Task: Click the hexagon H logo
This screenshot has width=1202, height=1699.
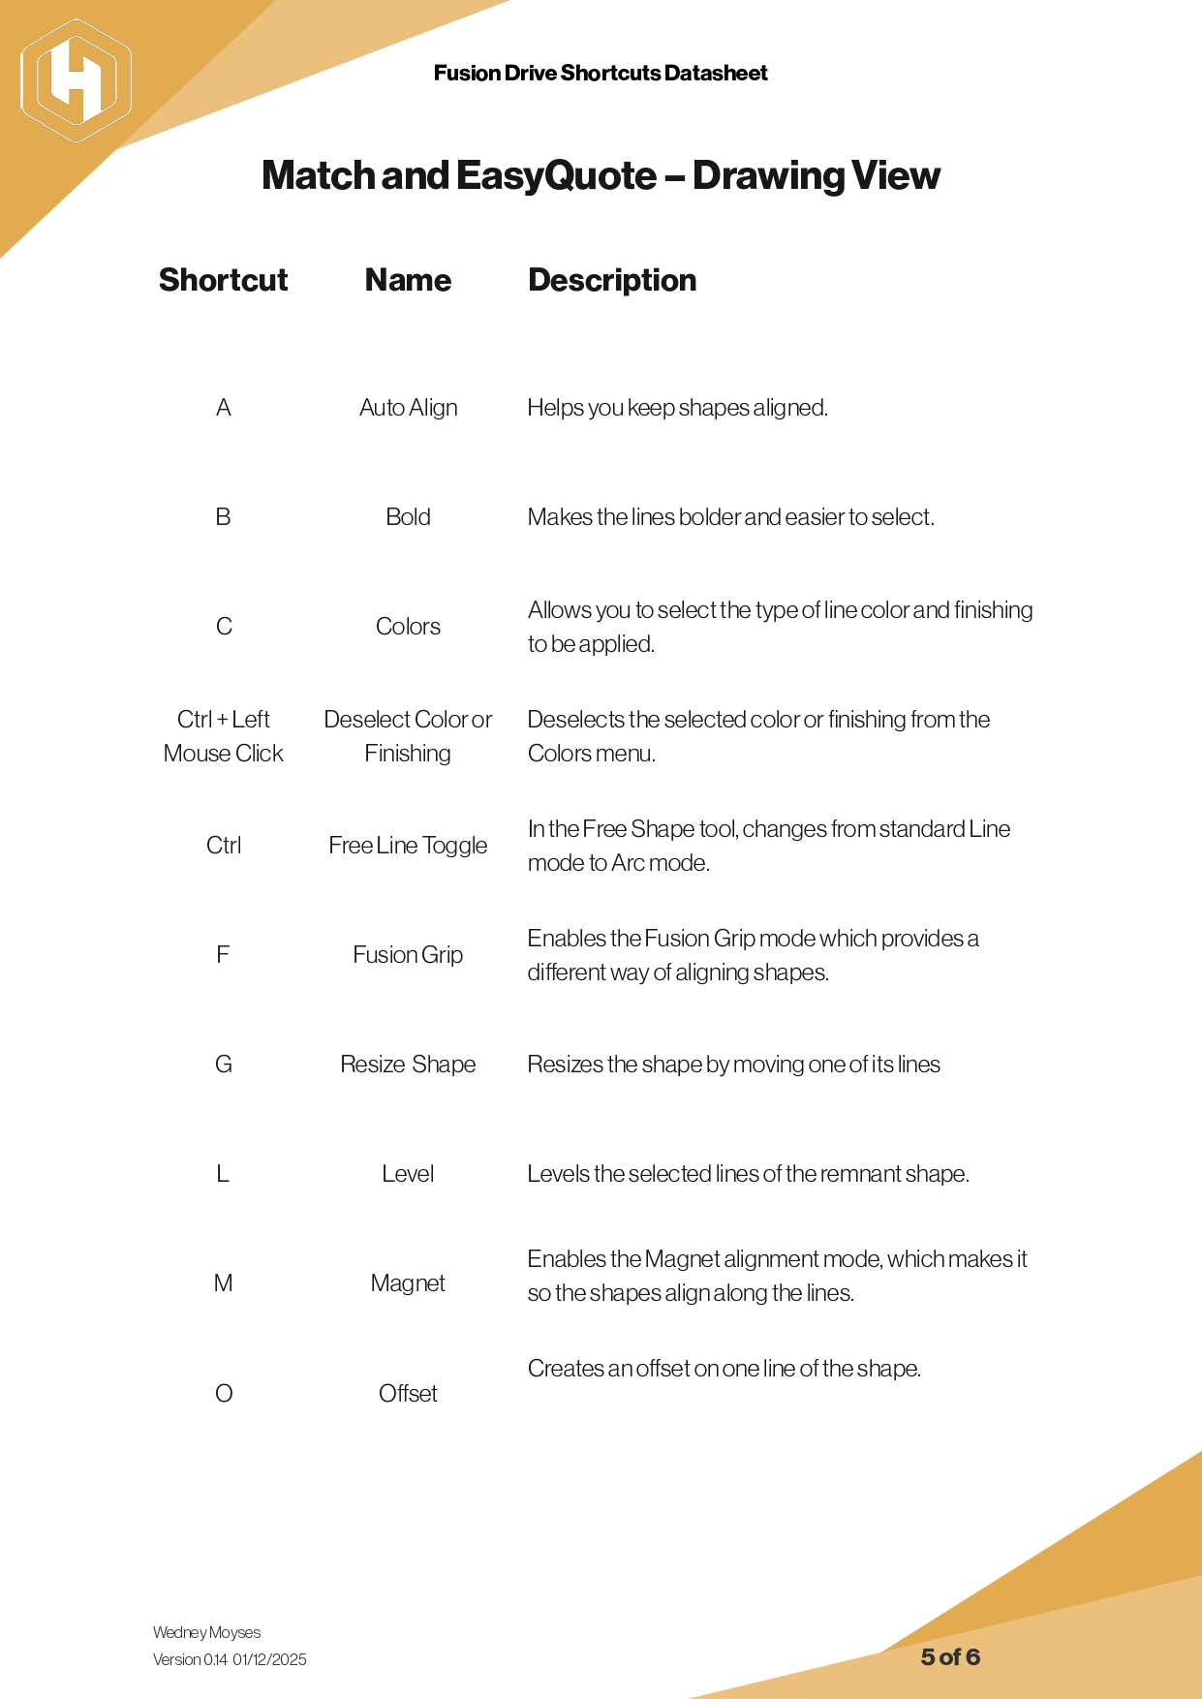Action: [76, 80]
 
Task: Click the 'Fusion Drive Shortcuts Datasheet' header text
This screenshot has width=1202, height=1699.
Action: [601, 73]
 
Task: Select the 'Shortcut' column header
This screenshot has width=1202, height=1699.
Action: [223, 280]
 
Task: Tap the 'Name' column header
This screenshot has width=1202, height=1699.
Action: [408, 280]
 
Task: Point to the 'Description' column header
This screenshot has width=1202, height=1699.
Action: [611, 280]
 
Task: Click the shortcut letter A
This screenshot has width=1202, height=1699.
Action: [223, 408]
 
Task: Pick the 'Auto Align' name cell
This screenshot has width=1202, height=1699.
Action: [408, 408]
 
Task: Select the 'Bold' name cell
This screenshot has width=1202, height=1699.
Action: [408, 517]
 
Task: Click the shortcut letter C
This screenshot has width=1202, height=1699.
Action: [224, 627]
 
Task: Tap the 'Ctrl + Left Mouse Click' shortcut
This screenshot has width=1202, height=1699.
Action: [223, 736]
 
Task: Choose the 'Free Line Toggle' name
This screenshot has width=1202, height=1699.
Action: [408, 846]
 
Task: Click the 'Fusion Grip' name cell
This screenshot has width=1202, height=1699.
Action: [408, 955]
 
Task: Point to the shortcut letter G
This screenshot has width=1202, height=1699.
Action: [223, 1065]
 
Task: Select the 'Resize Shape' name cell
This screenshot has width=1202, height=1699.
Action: [408, 1065]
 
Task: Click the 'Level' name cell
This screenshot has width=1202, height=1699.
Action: [408, 1174]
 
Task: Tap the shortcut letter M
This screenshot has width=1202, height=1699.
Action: [223, 1283]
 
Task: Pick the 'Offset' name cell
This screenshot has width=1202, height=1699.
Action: [408, 1394]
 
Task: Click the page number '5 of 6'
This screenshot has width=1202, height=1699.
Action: [950, 1657]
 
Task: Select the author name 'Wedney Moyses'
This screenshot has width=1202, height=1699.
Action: [206, 1632]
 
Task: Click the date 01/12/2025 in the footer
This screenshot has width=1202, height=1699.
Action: [269, 1659]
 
